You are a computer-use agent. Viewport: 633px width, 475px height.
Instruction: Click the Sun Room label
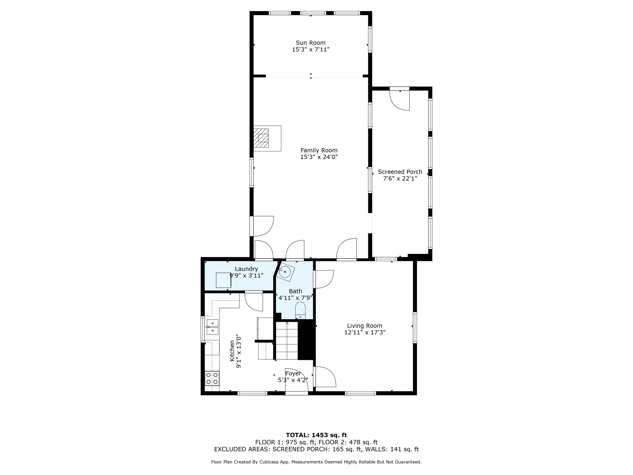coord(311,43)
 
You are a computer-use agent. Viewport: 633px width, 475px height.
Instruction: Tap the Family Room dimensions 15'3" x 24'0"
coord(319,157)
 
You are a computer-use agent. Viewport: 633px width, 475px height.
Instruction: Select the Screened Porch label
coord(400,172)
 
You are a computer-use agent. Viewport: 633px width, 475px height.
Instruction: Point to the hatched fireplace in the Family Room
coord(261,138)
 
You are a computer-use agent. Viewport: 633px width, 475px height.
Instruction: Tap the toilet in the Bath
coord(300,310)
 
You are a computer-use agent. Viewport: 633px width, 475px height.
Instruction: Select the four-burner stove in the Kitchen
coord(212,378)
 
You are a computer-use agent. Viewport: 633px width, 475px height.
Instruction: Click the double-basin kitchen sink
coord(212,327)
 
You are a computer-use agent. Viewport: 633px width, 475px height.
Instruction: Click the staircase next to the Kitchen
coord(287,341)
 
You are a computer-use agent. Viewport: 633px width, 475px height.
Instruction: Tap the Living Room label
coord(365,326)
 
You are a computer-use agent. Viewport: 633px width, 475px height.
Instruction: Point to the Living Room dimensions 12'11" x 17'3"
coord(365,332)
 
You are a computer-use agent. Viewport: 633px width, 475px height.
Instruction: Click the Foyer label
coord(293,374)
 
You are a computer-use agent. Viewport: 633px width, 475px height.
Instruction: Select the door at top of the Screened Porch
coord(400,99)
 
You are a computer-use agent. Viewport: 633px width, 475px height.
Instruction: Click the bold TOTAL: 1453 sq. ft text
coord(316,435)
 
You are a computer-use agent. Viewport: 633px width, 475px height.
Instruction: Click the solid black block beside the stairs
coord(307,340)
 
